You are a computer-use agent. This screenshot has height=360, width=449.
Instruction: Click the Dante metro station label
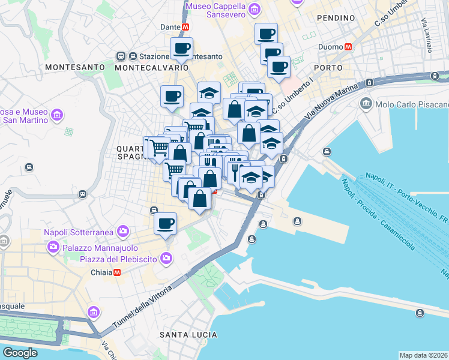click(x=170, y=27)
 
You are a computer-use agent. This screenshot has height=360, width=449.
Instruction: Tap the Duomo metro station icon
click(x=348, y=47)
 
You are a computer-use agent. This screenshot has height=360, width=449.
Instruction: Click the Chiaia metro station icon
click(x=116, y=272)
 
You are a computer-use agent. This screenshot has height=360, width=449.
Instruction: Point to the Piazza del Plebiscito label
click(x=118, y=259)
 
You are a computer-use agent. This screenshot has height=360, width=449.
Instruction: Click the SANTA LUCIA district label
click(x=188, y=334)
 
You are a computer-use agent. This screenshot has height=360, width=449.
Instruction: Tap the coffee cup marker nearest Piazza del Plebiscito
click(x=165, y=224)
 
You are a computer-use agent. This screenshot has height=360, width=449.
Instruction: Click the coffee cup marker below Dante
click(x=181, y=49)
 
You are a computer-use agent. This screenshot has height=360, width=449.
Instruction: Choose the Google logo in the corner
click(x=20, y=353)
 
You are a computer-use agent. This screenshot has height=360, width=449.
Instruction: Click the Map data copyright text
click(x=423, y=355)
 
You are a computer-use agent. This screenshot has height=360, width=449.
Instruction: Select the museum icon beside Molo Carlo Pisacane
click(x=366, y=104)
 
